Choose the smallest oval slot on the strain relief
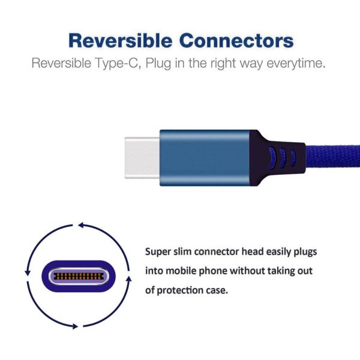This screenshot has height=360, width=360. [293, 157]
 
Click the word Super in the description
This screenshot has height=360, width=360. [159, 251]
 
